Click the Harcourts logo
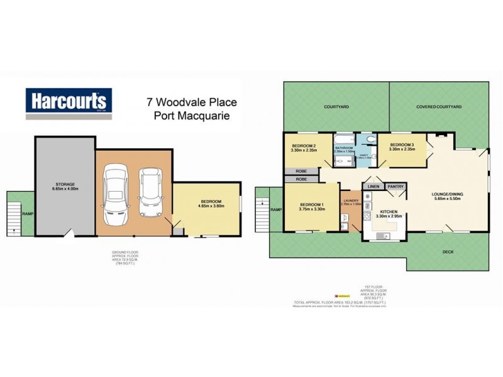(x=69, y=103)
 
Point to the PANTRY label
(x=395, y=187)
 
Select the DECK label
(x=447, y=251)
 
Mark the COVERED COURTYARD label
(x=439, y=107)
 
